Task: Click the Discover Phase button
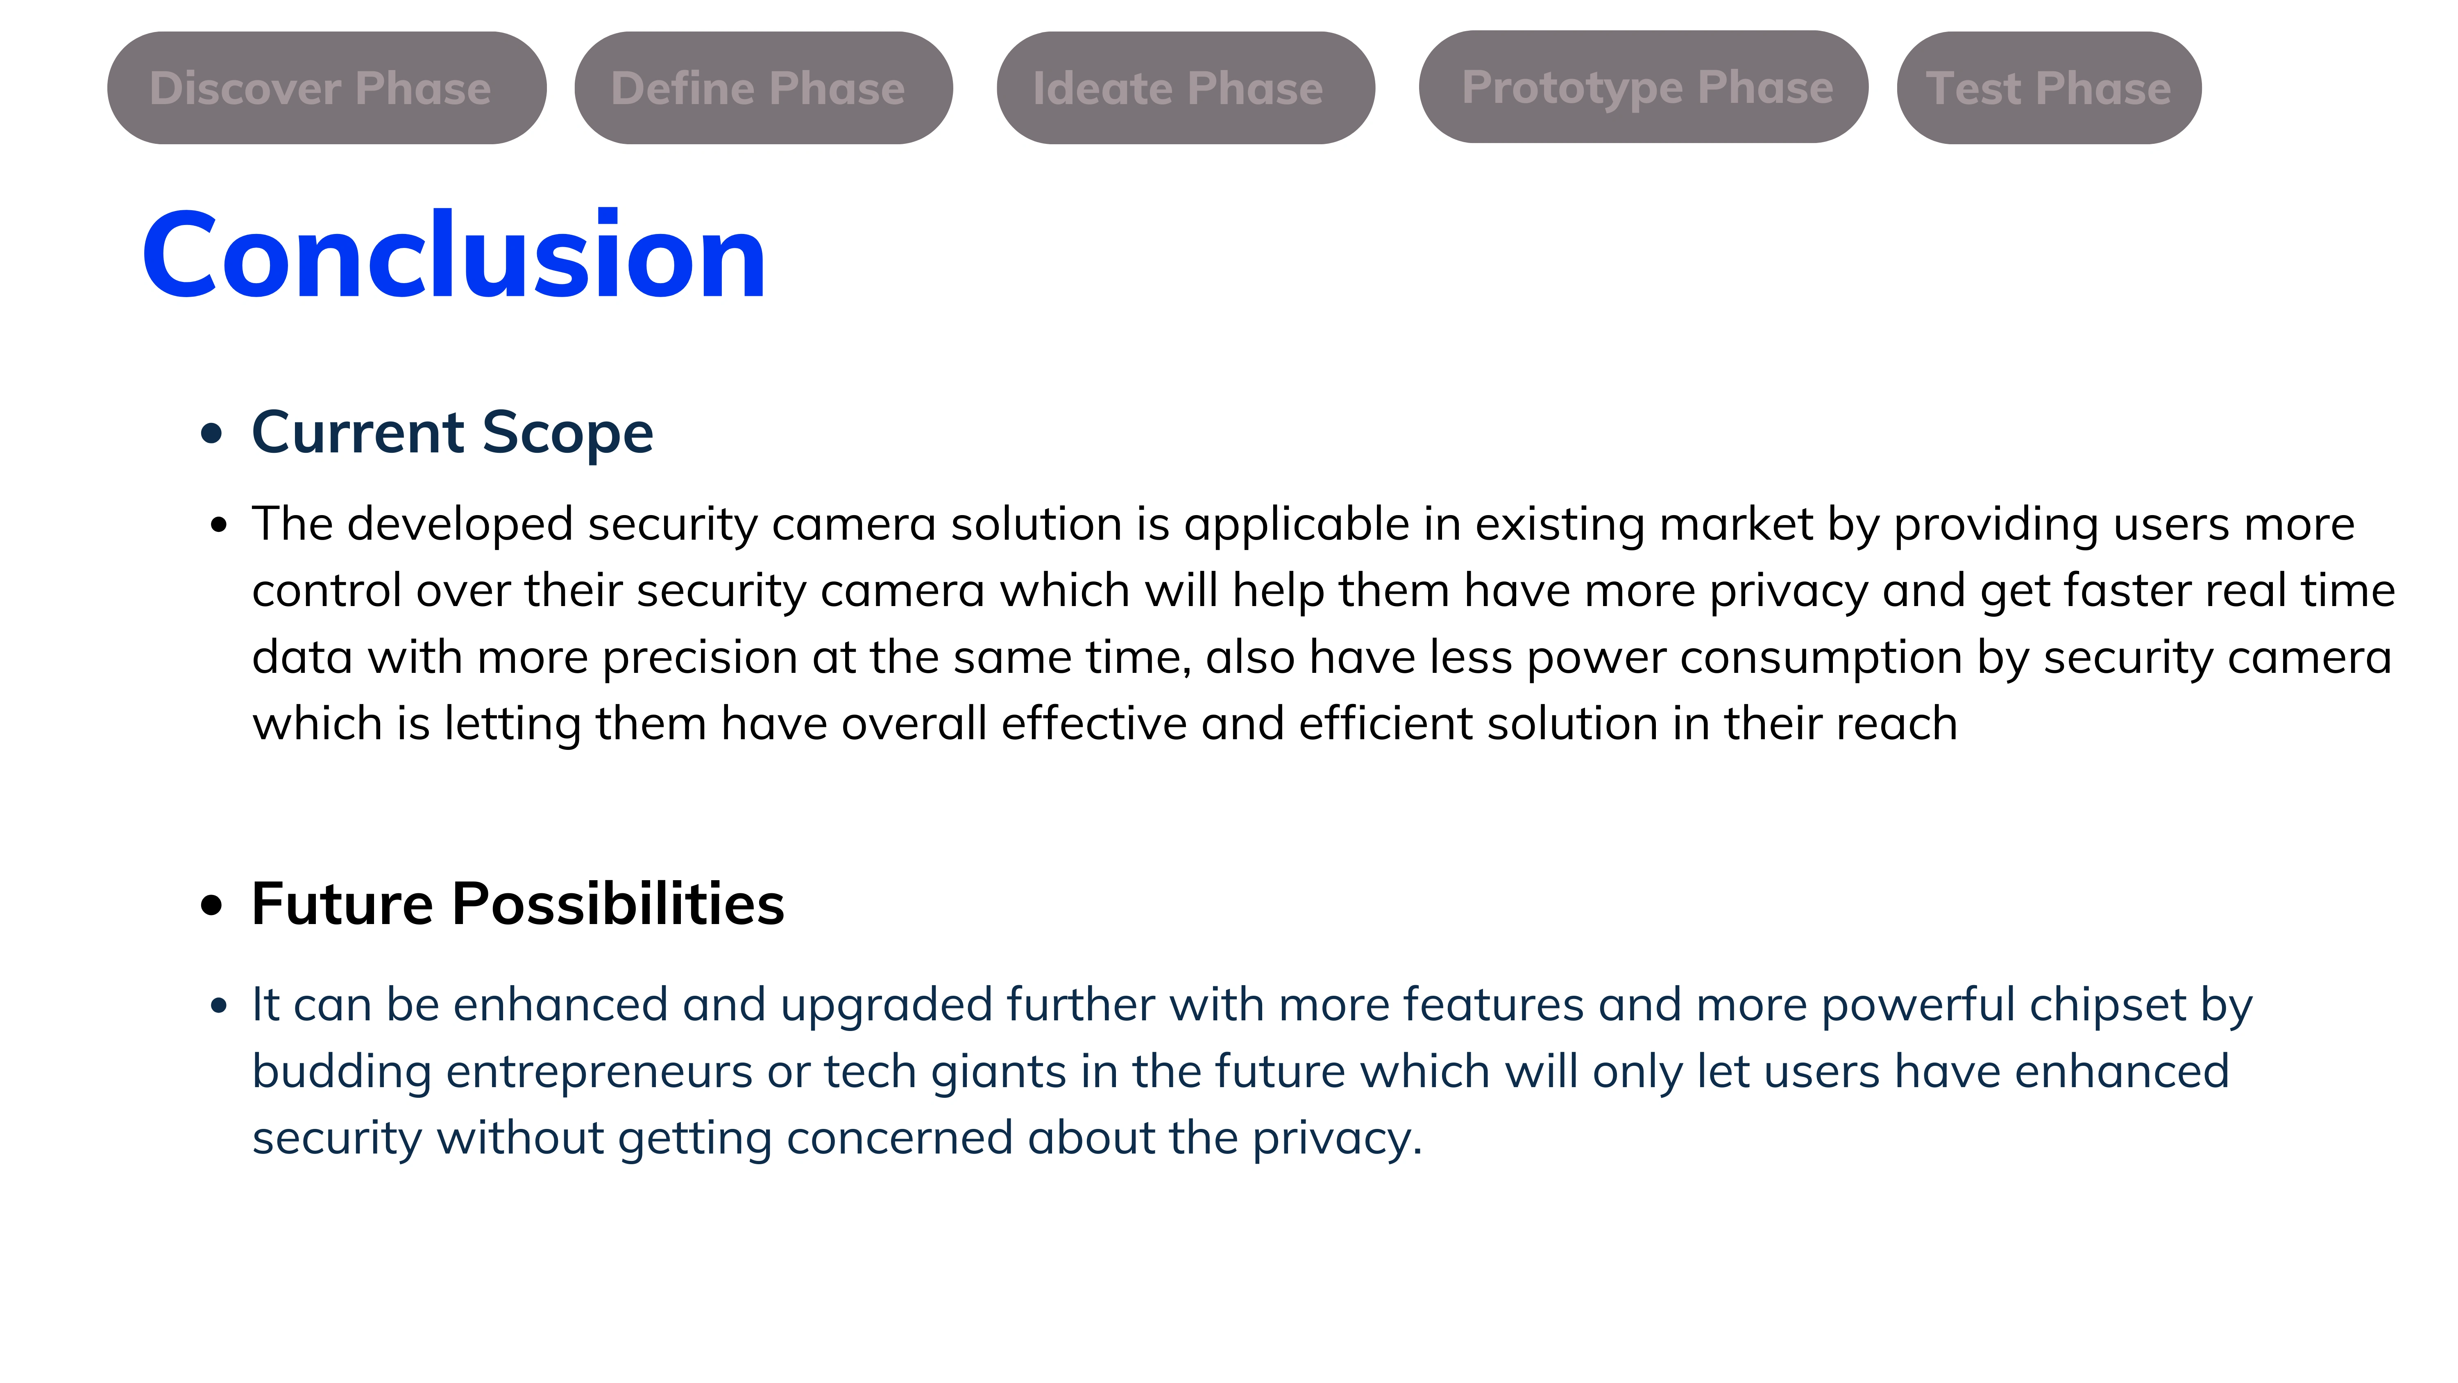[327, 88]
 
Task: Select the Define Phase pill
[763, 88]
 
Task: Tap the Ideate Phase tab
[1185, 88]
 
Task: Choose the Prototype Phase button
[1643, 87]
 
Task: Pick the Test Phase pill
[2049, 88]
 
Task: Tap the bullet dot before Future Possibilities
[212, 905]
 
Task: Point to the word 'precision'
[699, 659]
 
